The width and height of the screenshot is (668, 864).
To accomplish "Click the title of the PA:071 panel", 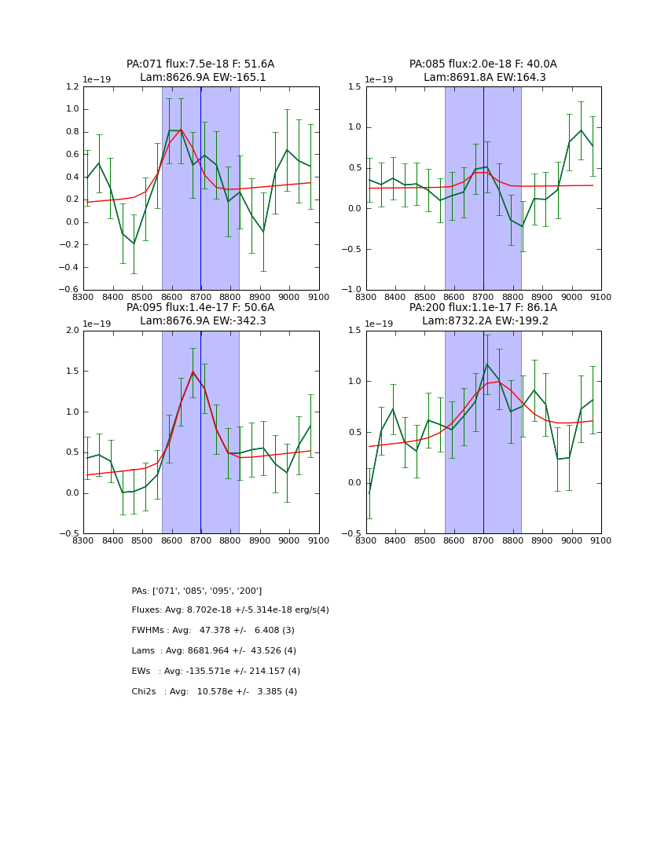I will click(200, 71).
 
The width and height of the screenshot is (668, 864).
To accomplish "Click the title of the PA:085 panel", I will click(483, 71).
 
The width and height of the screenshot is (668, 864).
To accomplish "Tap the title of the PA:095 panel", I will click(200, 314).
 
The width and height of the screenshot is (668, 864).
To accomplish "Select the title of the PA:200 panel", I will click(483, 314).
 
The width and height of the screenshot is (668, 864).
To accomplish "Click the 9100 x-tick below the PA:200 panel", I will click(600, 541).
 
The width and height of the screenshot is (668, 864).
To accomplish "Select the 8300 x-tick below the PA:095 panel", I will click(83, 541).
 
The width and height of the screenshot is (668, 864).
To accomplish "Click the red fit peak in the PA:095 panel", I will click(193, 372).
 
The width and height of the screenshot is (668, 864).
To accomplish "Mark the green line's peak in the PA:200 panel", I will click(487, 364).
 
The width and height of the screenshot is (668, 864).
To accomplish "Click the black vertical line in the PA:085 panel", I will click(483, 189).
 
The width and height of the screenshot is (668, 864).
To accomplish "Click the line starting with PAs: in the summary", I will click(196, 591).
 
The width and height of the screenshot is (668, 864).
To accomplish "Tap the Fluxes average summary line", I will click(230, 610).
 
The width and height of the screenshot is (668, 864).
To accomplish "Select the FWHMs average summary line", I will click(213, 631).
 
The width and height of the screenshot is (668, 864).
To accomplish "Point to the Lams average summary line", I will click(214, 651).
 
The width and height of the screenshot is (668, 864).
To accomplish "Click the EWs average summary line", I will click(215, 672).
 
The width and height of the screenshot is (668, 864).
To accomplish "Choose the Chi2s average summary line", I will click(214, 692).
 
